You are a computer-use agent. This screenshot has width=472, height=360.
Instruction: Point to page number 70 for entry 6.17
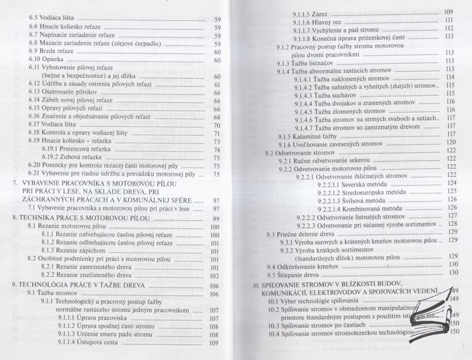(217, 125)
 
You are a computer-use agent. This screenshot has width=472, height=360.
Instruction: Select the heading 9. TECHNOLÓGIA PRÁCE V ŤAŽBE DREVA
(78, 286)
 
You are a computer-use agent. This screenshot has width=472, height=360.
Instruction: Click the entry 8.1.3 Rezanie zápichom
(72, 251)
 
